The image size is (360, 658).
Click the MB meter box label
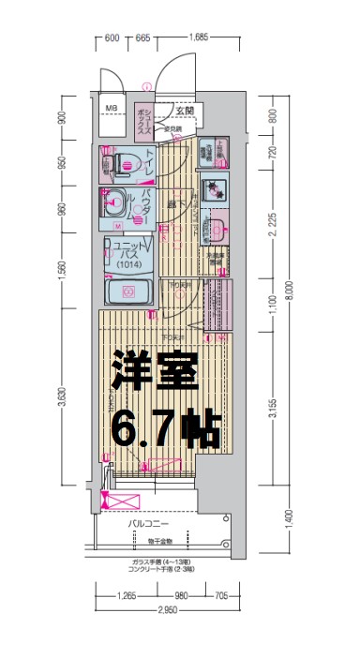click(111, 109)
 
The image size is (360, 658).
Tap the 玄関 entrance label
click(184, 110)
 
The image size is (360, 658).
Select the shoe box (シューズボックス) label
click(145, 122)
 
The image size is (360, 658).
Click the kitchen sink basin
click(215, 229)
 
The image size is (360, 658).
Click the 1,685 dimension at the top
click(198, 38)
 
